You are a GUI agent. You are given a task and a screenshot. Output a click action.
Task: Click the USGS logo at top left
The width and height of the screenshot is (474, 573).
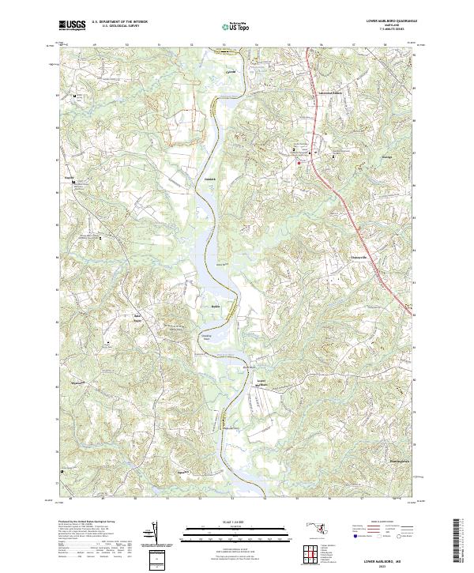click(73, 25)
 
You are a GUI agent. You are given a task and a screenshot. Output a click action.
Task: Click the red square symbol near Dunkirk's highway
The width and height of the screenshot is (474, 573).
click(299, 161)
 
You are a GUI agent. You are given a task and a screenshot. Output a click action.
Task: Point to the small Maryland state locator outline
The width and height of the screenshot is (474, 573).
click(325, 540)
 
